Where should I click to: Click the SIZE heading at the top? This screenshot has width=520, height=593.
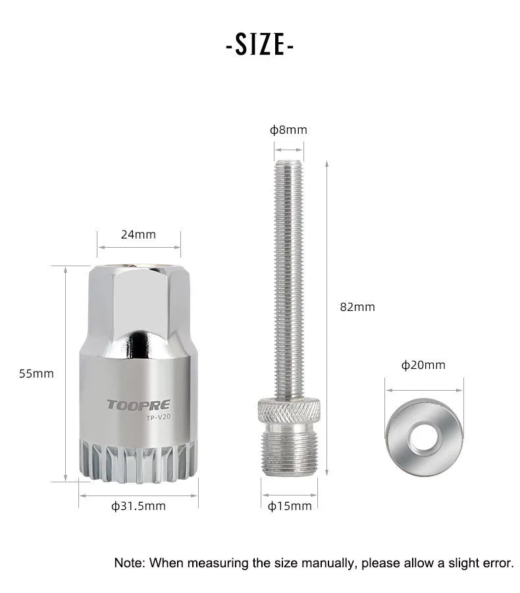tap(259, 45)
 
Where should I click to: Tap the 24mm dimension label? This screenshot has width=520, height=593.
tap(138, 235)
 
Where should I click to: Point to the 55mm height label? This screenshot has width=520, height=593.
tap(36, 374)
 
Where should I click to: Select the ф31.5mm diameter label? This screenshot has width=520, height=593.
tap(138, 506)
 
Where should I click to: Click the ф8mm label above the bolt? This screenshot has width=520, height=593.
tap(288, 130)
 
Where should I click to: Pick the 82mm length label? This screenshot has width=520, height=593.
tap(357, 306)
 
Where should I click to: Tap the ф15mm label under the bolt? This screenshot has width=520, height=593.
tap(290, 506)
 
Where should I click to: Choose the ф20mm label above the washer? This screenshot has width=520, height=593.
tap(423, 365)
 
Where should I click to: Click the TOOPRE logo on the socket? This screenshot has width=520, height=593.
tap(138, 405)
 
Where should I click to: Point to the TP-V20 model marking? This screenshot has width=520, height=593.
tap(159, 418)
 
